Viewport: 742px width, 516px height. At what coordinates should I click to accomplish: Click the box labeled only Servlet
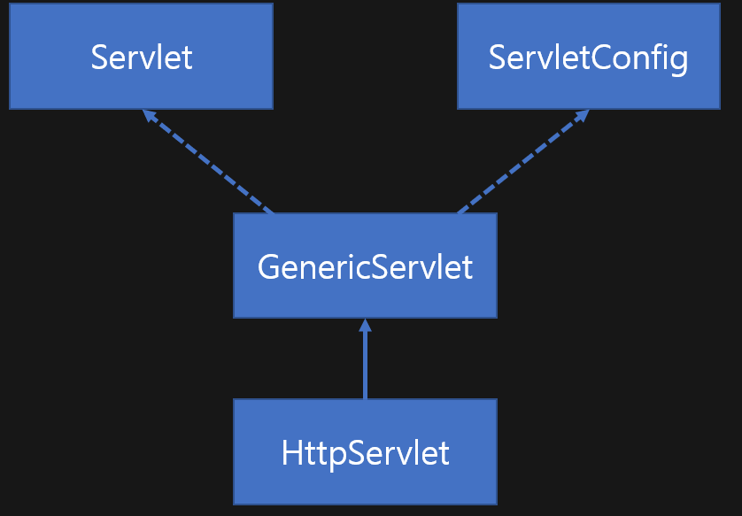click(141, 57)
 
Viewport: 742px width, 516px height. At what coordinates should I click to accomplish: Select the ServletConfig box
click(588, 57)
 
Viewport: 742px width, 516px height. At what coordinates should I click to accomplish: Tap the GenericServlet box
click(365, 266)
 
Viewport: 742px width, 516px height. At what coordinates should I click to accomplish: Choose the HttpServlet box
click(365, 452)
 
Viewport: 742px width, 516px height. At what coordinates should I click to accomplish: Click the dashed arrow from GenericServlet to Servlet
click(209, 162)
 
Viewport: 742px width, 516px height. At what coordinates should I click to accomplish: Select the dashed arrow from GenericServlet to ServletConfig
click(522, 162)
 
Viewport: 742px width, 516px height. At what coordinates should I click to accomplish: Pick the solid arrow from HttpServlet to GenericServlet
click(365, 363)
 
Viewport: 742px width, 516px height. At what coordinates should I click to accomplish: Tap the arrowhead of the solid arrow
click(365, 325)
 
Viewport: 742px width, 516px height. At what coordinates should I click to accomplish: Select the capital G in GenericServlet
click(268, 266)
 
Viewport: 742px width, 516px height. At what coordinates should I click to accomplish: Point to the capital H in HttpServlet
click(292, 453)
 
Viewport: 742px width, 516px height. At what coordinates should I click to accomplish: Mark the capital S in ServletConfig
click(498, 58)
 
